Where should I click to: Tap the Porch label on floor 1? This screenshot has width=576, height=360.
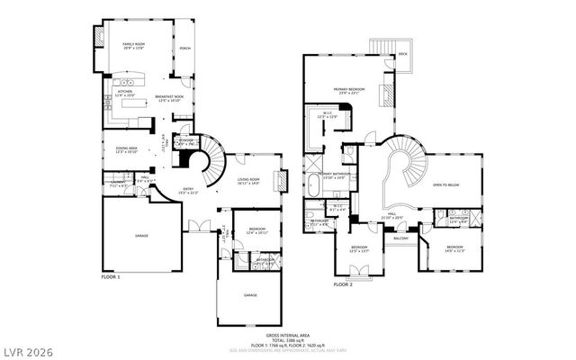click(x=185, y=48)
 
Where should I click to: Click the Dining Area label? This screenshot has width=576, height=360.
click(x=126, y=149)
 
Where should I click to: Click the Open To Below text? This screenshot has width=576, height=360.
click(x=446, y=184)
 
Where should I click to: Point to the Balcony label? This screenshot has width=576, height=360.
click(x=401, y=238)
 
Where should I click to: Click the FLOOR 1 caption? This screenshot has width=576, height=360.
click(x=110, y=277)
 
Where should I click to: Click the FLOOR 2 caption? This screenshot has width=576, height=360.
click(x=343, y=284)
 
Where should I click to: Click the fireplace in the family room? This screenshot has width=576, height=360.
click(x=99, y=35)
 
